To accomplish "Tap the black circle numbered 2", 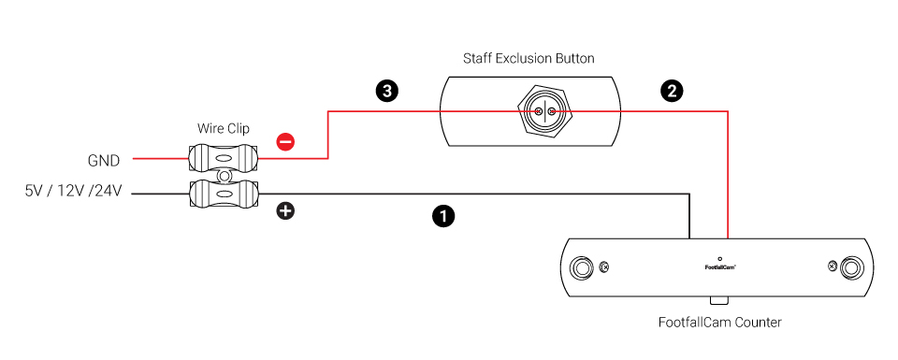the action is point(672,91).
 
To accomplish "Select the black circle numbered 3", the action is point(387,91).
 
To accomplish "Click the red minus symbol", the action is point(285,141).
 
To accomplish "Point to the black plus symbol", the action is point(285,210).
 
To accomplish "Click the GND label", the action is point(104,162).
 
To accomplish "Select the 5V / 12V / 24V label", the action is point(73,192).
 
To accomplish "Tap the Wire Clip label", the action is point(224,128).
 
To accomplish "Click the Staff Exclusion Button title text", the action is point(529,58).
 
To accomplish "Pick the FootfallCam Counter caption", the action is point(720,323).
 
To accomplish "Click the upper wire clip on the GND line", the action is point(224,157).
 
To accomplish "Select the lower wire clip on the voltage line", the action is point(224,194).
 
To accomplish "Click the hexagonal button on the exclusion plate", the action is point(544,111).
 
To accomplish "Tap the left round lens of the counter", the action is point(583,267).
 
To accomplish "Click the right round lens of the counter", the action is point(851,267).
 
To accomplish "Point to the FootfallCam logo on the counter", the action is point(720,266).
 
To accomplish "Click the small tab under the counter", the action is point(719,300).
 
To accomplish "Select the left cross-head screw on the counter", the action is point(603,266).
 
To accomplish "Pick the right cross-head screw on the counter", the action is point(833,266).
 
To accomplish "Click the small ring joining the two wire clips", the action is point(224,175).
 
